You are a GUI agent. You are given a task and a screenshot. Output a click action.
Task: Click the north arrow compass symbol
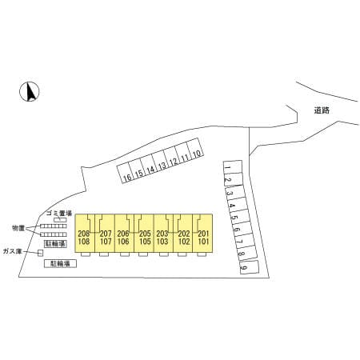(30, 91)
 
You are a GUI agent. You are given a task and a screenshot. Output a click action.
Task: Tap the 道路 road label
(322, 110)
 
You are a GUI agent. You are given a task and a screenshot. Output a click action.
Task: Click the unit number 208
(84, 234)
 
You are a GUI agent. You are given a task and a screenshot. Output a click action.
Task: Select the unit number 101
(203, 242)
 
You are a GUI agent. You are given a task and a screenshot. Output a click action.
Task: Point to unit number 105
(145, 242)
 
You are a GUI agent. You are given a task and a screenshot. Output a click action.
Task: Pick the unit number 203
(162, 234)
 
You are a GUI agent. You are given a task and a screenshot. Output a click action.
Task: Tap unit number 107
(106, 242)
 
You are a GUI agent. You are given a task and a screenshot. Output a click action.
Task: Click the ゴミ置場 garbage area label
(59, 213)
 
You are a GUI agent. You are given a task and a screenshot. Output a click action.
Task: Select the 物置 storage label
(18, 228)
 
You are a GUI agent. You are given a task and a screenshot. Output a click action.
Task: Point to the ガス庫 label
(12, 251)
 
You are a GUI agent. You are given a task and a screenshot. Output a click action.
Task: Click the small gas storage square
(41, 253)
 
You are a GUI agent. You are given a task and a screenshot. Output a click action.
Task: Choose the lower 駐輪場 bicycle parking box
(60, 264)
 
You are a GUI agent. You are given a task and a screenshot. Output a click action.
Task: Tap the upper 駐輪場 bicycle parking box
(55, 244)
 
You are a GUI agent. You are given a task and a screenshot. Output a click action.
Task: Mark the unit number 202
(184, 234)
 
